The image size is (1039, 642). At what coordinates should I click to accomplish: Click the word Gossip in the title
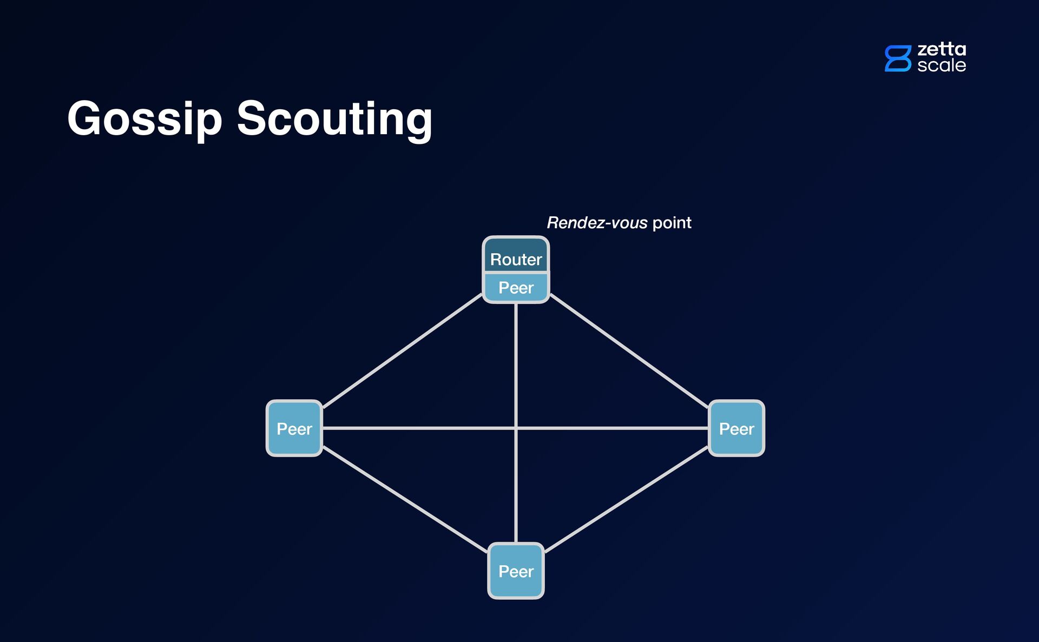pyautogui.click(x=144, y=119)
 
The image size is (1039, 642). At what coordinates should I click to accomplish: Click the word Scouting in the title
pyautogui.click(x=334, y=119)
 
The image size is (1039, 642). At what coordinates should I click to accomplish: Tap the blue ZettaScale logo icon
pyautogui.click(x=898, y=58)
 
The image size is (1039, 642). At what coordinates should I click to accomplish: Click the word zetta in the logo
pyautogui.click(x=942, y=49)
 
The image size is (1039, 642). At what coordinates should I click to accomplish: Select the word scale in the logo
pyautogui.click(x=942, y=65)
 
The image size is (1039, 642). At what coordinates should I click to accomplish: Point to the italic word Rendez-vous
pyautogui.click(x=597, y=223)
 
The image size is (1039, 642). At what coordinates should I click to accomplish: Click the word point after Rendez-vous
pyautogui.click(x=672, y=223)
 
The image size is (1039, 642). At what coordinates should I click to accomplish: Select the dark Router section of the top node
pyautogui.click(x=516, y=256)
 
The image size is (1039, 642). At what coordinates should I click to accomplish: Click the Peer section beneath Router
pyautogui.click(x=516, y=288)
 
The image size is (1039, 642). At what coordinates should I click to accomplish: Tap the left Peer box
pyautogui.click(x=294, y=428)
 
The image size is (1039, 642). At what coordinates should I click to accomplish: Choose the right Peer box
pyautogui.click(x=736, y=428)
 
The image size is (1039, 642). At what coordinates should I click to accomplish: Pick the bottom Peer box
pyautogui.click(x=516, y=571)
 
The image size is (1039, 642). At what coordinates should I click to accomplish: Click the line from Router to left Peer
pyautogui.click(x=402, y=351)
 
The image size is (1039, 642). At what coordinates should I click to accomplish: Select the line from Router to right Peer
pyautogui.click(x=629, y=350)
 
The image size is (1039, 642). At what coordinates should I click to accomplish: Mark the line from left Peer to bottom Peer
pyautogui.click(x=405, y=499)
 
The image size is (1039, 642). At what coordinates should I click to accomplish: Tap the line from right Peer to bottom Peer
pyautogui.click(x=627, y=500)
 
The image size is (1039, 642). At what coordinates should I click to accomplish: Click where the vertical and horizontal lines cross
pyautogui.click(x=516, y=428)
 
